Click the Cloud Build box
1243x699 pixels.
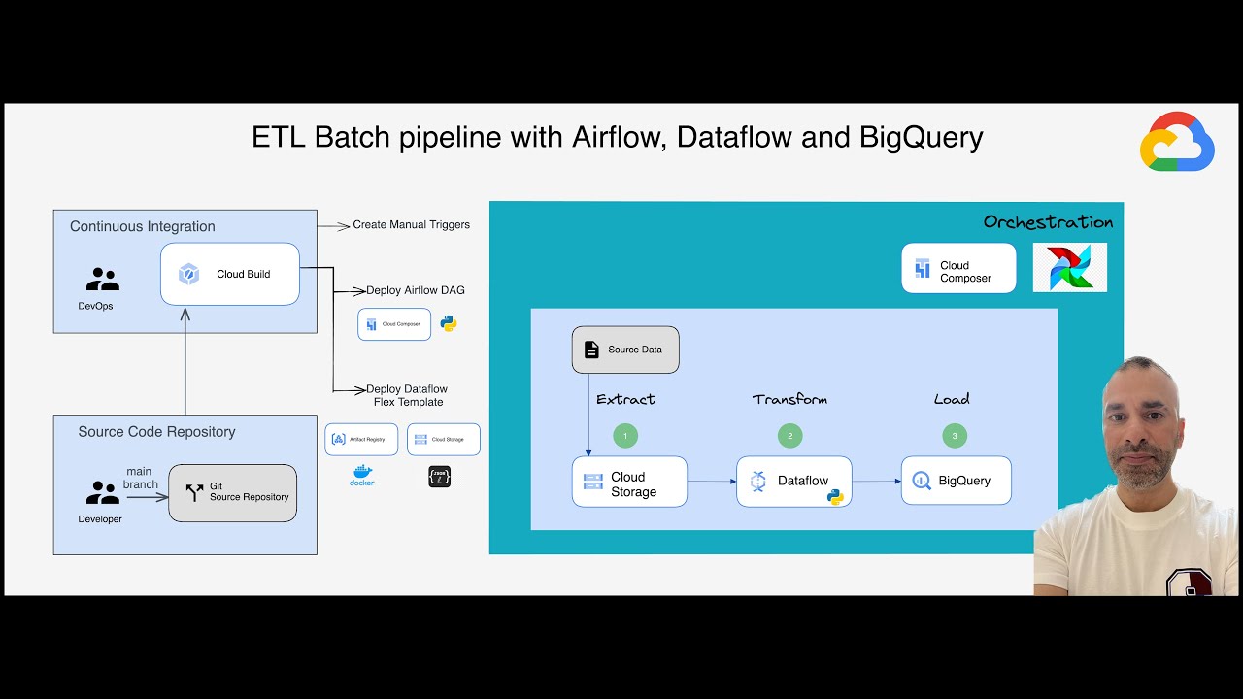tap(230, 274)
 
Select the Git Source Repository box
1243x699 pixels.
tap(233, 492)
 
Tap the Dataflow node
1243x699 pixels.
tap(793, 482)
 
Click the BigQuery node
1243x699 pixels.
tap(956, 481)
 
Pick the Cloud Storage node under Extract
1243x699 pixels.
tap(629, 482)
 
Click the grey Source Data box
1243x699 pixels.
tap(625, 349)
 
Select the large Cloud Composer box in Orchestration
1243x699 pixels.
tap(958, 268)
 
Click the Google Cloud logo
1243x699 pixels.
tap(1177, 143)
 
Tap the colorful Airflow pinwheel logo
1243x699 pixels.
tap(1070, 267)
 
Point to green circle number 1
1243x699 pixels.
tap(625, 436)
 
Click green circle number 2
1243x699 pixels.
tap(789, 436)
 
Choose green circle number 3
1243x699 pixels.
tap(955, 436)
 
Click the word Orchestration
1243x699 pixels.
tap(1048, 222)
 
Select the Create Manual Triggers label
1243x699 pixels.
tap(411, 224)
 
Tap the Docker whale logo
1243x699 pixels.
tap(362, 475)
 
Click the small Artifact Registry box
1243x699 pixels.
tap(361, 439)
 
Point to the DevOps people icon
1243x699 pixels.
tap(102, 280)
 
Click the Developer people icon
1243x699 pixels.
tap(102, 493)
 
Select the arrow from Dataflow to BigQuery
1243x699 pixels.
tap(876, 481)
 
